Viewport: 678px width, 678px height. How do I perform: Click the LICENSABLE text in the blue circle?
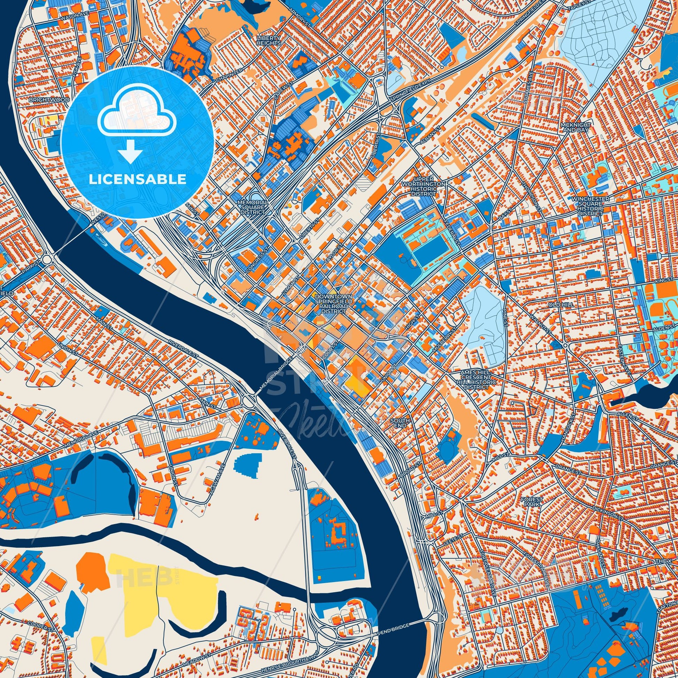point(137,179)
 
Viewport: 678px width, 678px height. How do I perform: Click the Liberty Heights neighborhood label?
point(269,40)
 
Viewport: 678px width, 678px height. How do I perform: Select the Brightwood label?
point(45,100)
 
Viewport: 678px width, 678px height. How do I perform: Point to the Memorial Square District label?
point(253,208)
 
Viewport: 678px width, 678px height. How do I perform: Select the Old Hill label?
point(562,305)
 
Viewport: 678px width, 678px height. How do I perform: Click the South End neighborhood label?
point(400,423)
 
